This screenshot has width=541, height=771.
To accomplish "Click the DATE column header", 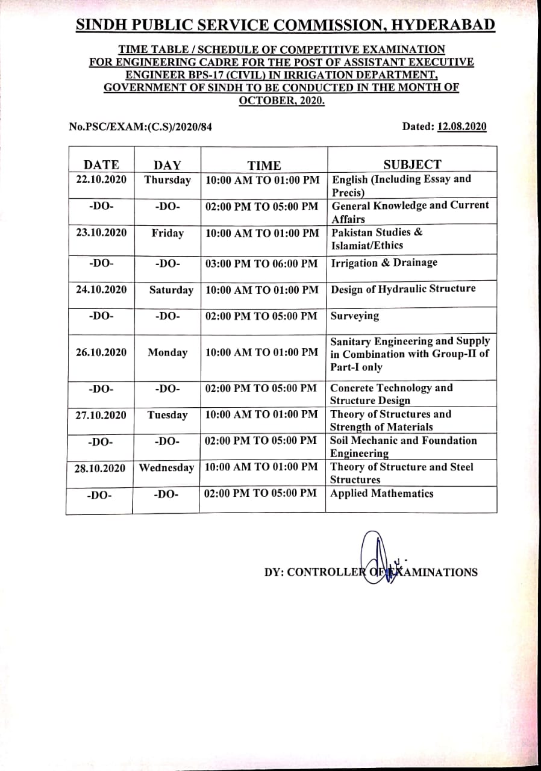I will click(101, 165).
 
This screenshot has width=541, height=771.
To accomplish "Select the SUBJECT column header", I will click(412, 164).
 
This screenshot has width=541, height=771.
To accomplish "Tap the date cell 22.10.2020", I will click(101, 179).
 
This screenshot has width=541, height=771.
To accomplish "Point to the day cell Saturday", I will click(171, 290).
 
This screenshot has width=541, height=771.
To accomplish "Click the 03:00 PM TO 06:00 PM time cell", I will click(261, 263).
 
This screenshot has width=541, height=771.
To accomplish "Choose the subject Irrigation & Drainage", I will click(384, 263).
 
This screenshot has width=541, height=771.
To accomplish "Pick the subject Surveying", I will click(355, 316).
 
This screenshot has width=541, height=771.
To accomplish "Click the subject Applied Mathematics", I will click(382, 493).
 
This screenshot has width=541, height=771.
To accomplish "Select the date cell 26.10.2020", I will click(101, 352).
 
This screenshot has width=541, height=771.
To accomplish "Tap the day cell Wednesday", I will click(167, 467).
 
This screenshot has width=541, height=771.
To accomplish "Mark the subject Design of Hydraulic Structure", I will click(403, 289).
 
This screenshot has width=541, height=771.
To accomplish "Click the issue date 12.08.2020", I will click(462, 126).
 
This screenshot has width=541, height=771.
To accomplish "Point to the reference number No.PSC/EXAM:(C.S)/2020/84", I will click(140, 126).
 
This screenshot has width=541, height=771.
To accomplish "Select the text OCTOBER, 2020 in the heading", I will click(282, 100).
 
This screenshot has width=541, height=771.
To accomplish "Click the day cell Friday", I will click(167, 233).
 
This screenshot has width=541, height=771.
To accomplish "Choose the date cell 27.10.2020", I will click(101, 415).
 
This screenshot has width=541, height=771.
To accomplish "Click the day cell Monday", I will click(167, 352).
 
